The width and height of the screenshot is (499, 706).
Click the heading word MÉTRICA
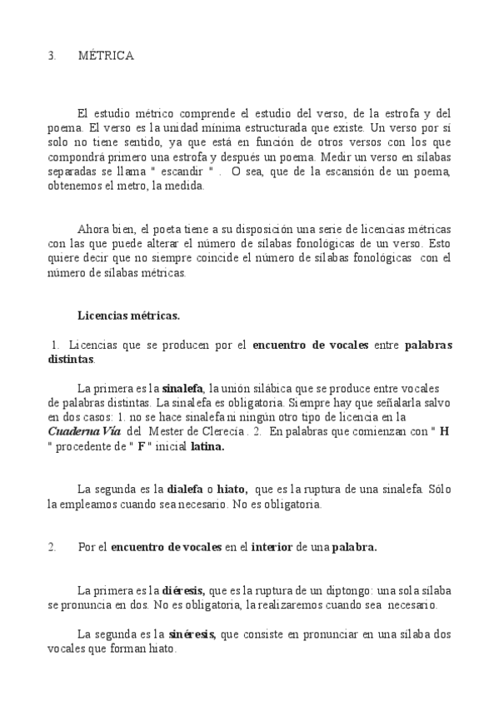tap(106, 56)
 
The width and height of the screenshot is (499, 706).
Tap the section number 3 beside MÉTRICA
tap(52, 56)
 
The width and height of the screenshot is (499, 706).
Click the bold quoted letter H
tap(444, 430)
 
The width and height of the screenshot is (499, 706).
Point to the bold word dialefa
tap(187, 489)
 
